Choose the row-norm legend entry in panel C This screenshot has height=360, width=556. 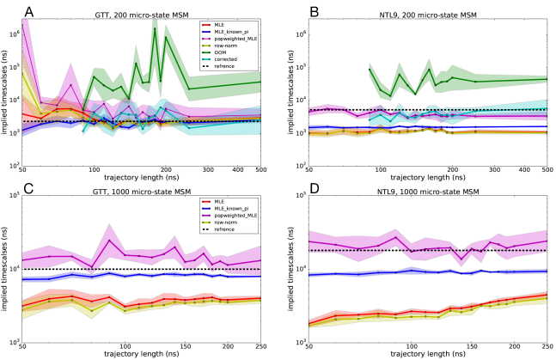pyautogui.click(x=227, y=223)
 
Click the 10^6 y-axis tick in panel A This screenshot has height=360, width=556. pyautogui.click(x=34, y=34)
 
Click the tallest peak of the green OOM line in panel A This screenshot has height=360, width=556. pyautogui.click(x=155, y=28)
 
